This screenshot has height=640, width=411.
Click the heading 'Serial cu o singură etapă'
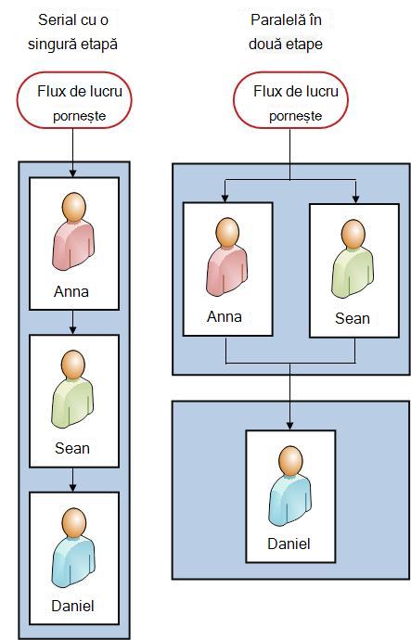click(72, 32)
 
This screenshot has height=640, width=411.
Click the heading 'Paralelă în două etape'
click(286, 32)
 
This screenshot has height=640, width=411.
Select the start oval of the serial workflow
click(74, 100)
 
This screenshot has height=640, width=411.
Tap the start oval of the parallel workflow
click(290, 100)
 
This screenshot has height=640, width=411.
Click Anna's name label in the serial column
click(71, 291)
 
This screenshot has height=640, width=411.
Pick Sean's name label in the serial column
click(72, 448)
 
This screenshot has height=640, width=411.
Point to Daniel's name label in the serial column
click(72, 606)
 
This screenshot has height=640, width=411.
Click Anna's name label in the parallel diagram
click(225, 316)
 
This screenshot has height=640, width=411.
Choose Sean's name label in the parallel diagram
click(353, 318)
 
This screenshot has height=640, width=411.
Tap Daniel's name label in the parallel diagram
click(289, 544)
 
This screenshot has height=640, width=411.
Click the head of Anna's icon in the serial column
click(74, 207)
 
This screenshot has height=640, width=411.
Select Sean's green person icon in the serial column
click(72, 390)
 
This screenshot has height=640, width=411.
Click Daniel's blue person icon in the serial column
click(73, 548)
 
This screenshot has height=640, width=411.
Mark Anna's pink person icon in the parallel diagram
click(227, 257)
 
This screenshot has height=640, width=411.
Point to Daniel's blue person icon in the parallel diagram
click(289, 486)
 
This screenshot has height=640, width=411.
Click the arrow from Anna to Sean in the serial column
click(72, 323)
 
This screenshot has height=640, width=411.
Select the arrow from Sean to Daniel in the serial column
click(72, 480)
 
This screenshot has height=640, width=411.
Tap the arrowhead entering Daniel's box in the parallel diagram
click(289, 426)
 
